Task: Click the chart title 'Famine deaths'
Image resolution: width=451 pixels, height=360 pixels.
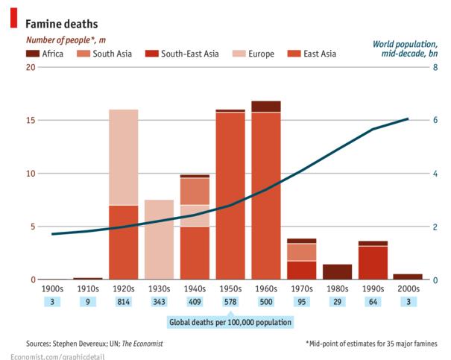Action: point(63,25)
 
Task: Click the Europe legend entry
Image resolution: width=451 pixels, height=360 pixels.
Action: point(253,54)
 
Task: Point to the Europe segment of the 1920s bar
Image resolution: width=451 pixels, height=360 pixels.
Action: point(124,157)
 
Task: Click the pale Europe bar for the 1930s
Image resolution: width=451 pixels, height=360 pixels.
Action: point(159,239)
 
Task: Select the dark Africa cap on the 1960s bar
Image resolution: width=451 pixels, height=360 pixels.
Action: point(266,106)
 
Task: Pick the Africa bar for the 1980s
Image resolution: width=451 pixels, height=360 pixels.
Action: point(337,271)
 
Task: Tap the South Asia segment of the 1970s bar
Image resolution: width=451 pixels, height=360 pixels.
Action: point(302,252)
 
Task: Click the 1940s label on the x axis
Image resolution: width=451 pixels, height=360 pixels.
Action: point(195,288)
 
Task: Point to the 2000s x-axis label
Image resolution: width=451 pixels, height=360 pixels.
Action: point(408,288)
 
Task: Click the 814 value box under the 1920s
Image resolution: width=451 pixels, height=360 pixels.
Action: point(124,302)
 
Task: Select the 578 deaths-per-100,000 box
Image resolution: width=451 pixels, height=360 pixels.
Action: point(230,302)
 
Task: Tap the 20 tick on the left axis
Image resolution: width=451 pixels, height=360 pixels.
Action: point(31,67)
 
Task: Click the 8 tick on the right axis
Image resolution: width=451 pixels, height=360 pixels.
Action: point(435,67)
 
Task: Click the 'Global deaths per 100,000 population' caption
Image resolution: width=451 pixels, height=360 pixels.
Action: point(230,322)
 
